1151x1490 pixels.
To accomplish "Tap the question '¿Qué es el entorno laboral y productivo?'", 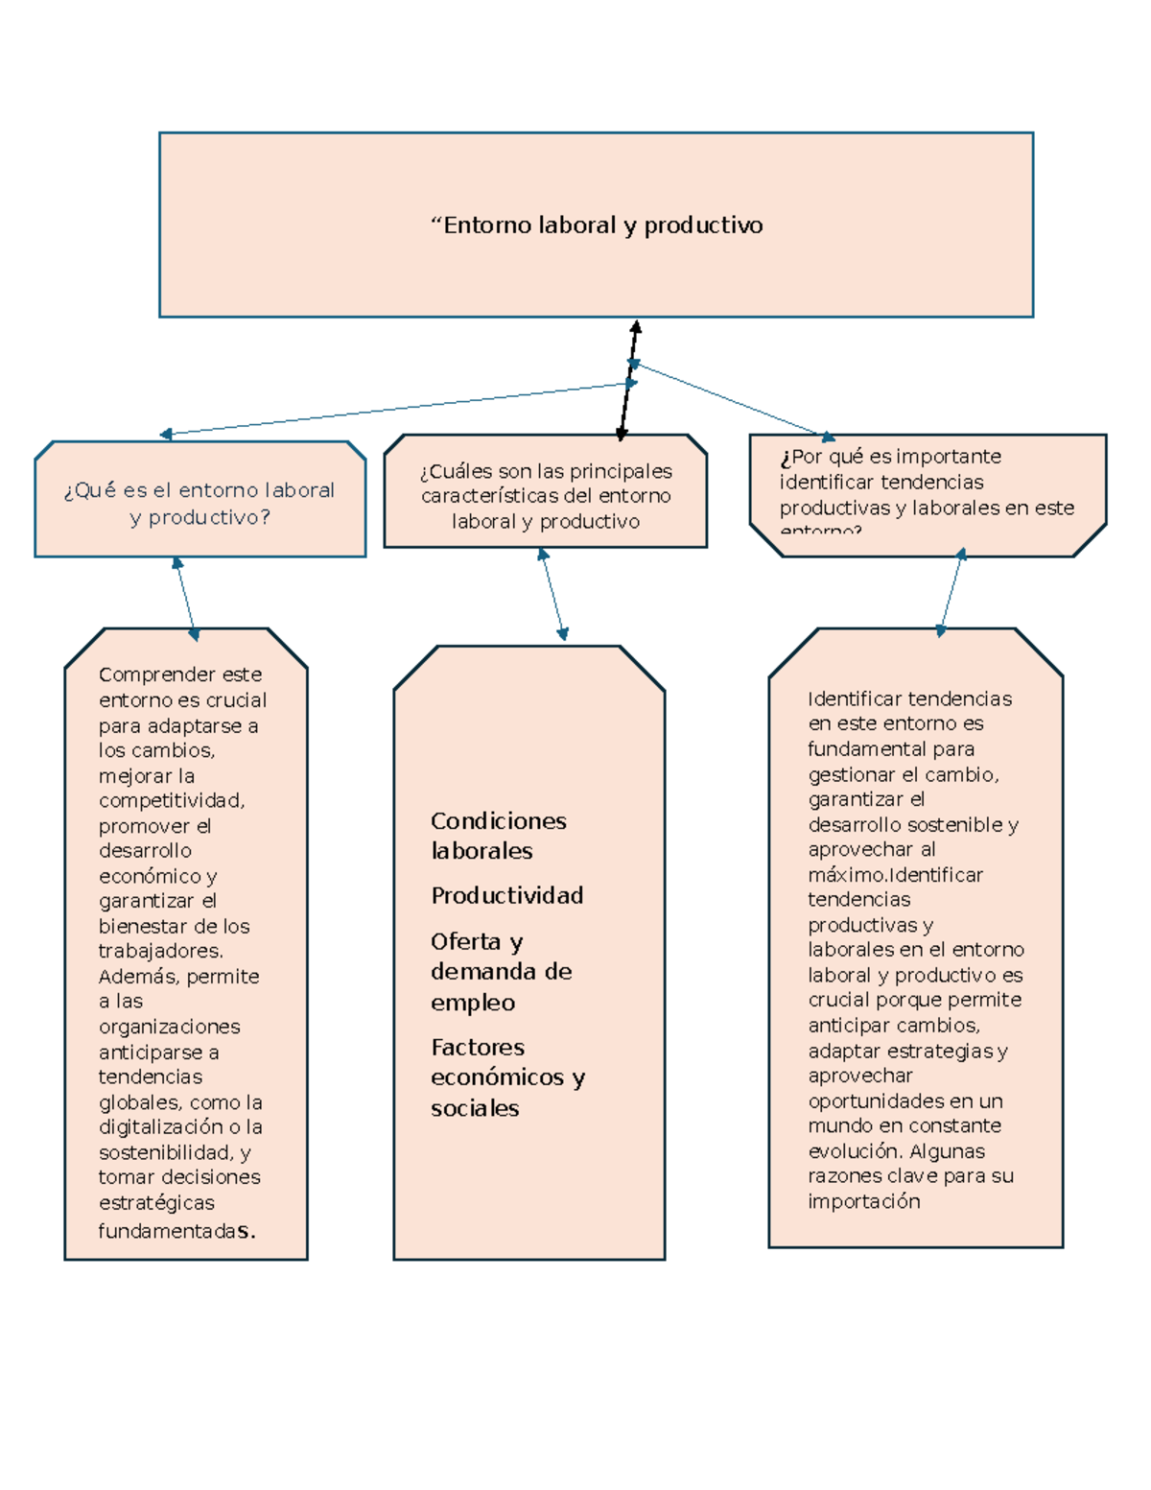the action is (200, 504).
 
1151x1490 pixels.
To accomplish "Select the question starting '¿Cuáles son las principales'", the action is (546, 496).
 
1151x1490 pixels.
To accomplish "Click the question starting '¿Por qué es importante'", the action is (927, 491).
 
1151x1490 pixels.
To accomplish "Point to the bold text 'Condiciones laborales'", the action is (499, 836).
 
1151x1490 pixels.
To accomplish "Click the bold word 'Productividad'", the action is (507, 895).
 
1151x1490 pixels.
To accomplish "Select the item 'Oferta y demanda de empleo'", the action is (501, 972).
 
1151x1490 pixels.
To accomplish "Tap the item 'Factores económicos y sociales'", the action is (508, 1077).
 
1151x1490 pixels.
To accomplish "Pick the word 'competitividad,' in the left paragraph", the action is (172, 801).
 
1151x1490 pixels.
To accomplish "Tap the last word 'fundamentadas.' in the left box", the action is (176, 1232).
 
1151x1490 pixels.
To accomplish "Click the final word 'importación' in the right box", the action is (864, 1201).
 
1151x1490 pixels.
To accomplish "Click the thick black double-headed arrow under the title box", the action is (628, 381).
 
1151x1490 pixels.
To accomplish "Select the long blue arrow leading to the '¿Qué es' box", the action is (398, 409).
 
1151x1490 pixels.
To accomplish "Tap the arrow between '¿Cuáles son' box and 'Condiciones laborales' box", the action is (552, 595).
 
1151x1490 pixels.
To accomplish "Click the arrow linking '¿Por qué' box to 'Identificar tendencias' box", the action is (951, 592).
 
